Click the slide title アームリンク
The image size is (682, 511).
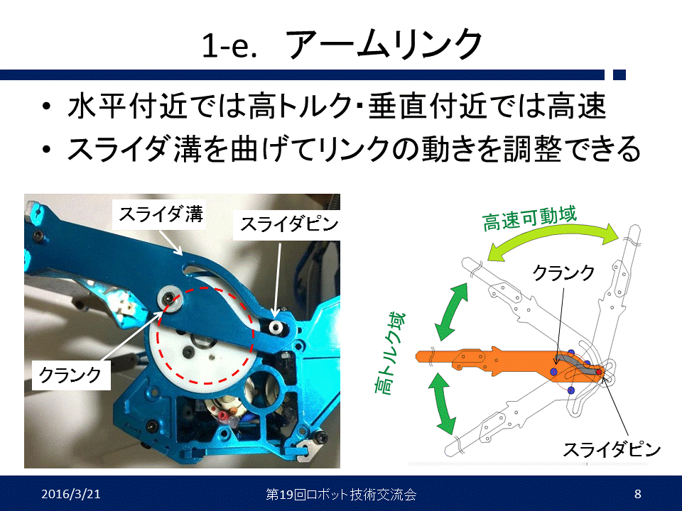[384, 44]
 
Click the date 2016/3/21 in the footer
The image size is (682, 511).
[71, 494]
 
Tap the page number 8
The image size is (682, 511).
[638, 494]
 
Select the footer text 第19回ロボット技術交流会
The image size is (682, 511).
[341, 495]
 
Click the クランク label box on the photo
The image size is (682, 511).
[71, 374]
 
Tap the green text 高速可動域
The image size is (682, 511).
[529, 219]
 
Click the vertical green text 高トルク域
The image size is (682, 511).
[389, 353]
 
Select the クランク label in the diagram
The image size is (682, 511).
[563, 273]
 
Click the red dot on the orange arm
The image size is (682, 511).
[598, 372]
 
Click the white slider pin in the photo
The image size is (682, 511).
[275, 326]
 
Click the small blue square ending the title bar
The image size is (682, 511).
[619, 75]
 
